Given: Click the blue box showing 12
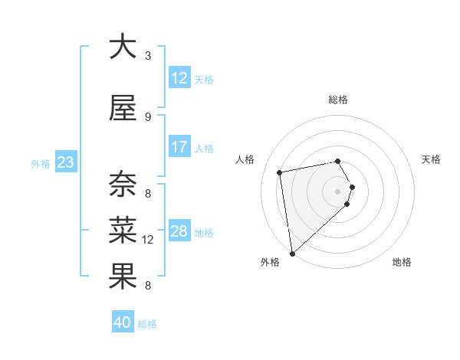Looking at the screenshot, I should [179, 78].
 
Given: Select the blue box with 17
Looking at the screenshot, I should [179, 147].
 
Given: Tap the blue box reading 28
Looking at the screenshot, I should [179, 231].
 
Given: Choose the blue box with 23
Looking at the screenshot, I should [65, 162].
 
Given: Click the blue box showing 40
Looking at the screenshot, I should [123, 322].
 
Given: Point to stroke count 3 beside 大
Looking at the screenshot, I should [148, 55].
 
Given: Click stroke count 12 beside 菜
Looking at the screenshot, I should [148, 240].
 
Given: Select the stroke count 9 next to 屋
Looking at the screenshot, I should [148, 117].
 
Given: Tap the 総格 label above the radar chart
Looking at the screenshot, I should [338, 100].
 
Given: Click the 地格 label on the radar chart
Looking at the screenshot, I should [402, 262].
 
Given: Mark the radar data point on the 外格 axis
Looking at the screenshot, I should [292, 253].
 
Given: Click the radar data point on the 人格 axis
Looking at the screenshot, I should [280, 172].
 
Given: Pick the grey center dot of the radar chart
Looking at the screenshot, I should [338, 191].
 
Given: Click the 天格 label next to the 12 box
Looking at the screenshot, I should [204, 79].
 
